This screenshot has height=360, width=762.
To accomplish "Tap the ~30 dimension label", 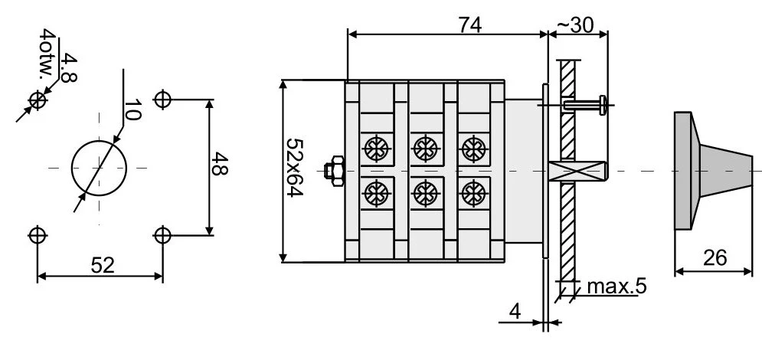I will [576, 24].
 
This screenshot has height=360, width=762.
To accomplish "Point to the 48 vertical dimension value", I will [221, 165].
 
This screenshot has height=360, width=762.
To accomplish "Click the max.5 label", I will [616, 287].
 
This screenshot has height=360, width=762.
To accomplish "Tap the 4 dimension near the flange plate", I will [515, 311].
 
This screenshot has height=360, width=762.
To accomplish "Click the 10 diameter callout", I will [130, 111].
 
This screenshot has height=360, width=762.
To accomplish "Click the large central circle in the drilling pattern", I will [100, 168].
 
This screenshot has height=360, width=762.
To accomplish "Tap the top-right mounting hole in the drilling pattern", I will [162, 100].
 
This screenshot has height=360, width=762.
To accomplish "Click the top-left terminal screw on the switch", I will [376, 146].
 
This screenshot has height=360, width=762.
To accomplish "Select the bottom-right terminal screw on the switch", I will [474, 189].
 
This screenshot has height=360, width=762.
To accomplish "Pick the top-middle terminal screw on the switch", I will [424, 146].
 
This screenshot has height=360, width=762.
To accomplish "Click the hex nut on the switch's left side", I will [335, 169].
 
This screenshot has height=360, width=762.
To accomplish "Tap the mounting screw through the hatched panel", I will [586, 103].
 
